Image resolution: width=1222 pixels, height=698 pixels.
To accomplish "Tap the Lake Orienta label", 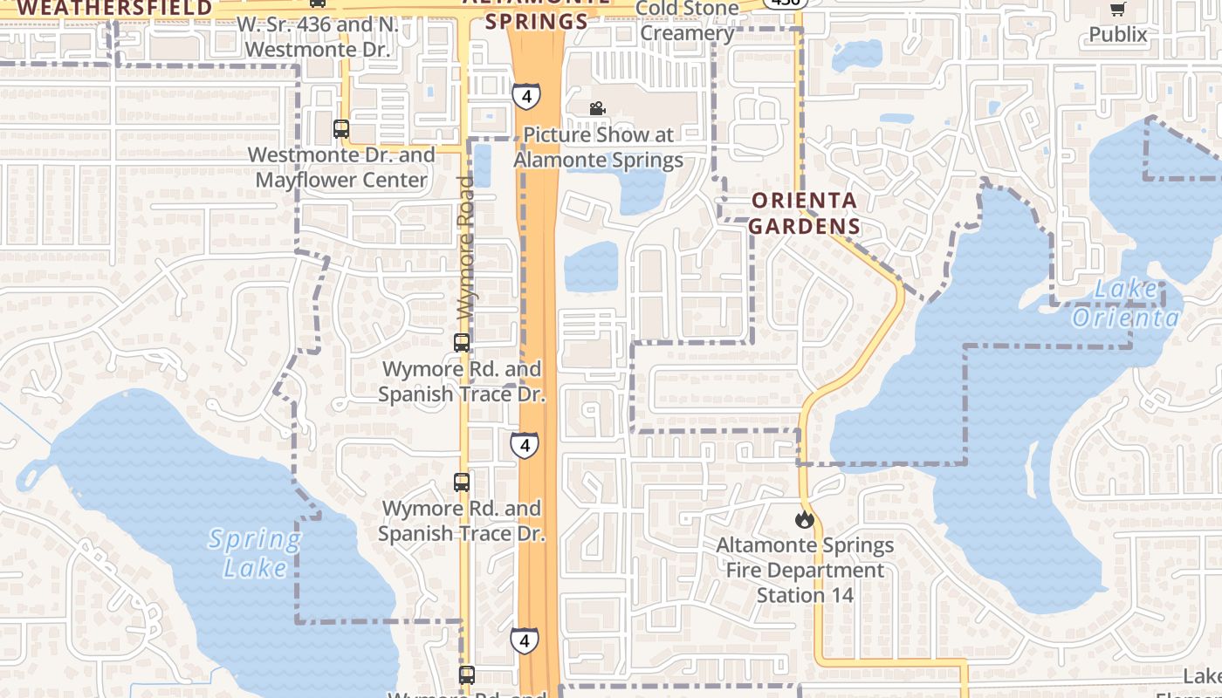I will pyautogui.click(x=1126, y=303).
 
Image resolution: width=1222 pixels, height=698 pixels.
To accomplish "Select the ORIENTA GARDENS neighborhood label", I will pyautogui.click(x=804, y=214).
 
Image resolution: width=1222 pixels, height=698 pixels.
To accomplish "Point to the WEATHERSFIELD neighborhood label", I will pyautogui.click(x=115, y=9).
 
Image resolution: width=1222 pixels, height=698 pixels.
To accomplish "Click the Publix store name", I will pyautogui.click(x=1118, y=35).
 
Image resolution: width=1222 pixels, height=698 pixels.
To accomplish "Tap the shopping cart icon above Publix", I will pyautogui.click(x=1117, y=10).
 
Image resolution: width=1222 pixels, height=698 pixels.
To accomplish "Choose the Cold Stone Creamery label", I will pyautogui.click(x=687, y=21).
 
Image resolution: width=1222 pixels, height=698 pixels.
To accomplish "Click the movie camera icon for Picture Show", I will pyautogui.click(x=597, y=109).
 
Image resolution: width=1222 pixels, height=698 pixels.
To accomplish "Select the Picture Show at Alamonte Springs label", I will pyautogui.click(x=599, y=147).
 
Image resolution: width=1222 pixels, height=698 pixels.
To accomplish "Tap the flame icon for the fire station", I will pyautogui.click(x=804, y=520).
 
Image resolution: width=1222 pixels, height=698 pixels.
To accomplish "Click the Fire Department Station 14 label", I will pyautogui.click(x=805, y=571).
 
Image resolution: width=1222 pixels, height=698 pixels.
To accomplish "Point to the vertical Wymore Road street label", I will pyautogui.click(x=466, y=248).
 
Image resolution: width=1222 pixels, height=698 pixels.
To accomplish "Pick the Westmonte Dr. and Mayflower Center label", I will pyautogui.click(x=341, y=168).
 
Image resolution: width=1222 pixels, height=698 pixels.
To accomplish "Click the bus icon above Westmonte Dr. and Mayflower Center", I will pyautogui.click(x=341, y=129).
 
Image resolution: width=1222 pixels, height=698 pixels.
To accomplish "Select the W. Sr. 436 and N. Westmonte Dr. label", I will pyautogui.click(x=318, y=37).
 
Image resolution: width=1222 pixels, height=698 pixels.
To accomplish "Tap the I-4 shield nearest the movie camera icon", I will pyautogui.click(x=525, y=95).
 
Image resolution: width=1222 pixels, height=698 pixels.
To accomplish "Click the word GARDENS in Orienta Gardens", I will pyautogui.click(x=804, y=227).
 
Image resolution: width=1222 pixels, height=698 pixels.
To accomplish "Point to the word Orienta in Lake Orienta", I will pyautogui.click(x=1126, y=317).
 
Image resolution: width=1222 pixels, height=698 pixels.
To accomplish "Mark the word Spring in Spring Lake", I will pyautogui.click(x=255, y=540).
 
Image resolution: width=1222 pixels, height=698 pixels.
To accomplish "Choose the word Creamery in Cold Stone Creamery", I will pyautogui.click(x=687, y=34).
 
